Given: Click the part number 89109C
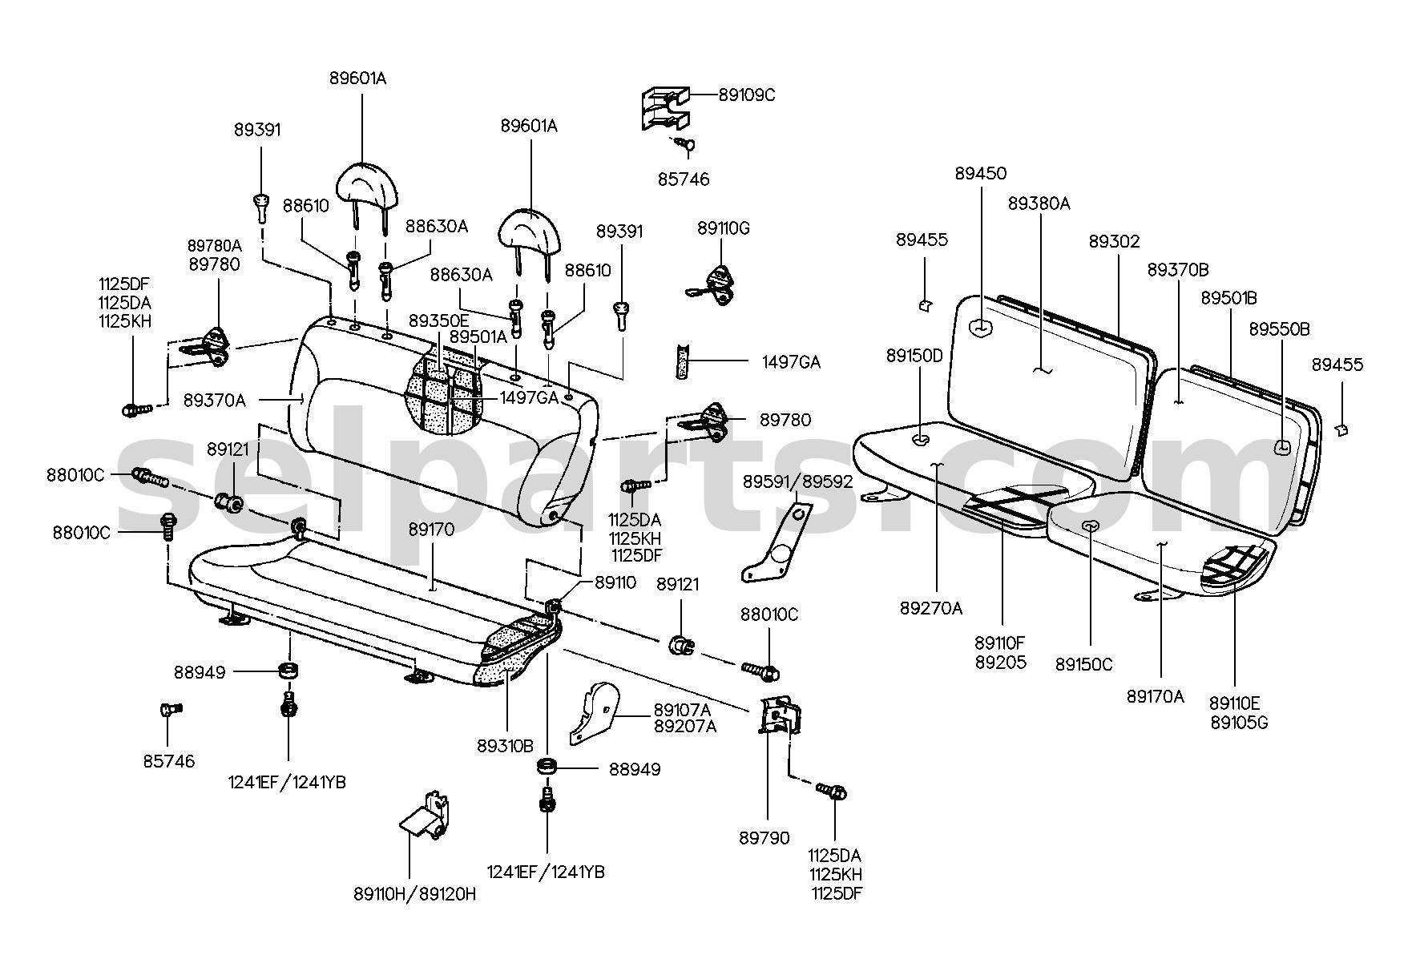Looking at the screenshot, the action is coord(747,95).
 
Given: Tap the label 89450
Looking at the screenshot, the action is coord(981,173).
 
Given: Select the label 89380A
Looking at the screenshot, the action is coord(1039,203).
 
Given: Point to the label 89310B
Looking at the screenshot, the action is coord(505,745).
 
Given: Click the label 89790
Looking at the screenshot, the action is coord(764,838).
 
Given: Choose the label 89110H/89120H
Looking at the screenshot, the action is coord(414,894).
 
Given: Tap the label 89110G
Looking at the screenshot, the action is coord(724,228).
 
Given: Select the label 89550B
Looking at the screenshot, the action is coord(1280,329).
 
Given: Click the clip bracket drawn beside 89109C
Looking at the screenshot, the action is coord(665,108).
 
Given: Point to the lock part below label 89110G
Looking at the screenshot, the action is coord(716,286).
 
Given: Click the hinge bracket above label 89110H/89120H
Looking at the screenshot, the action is coord(425,817).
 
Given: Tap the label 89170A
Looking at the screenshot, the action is coord(1155,697).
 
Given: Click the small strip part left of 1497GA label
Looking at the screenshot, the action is coord(684,361).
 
